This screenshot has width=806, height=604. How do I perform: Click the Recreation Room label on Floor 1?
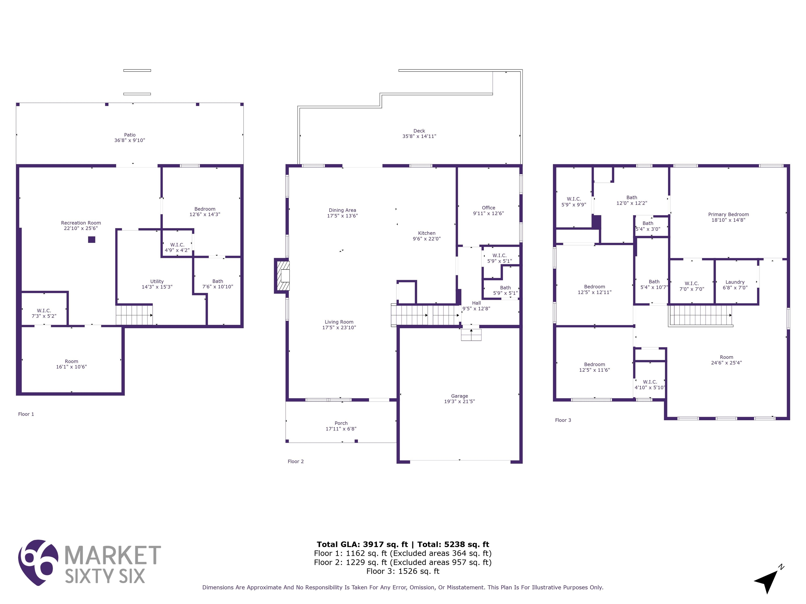(x=81, y=223)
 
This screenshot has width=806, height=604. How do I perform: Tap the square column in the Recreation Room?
(x=92, y=240)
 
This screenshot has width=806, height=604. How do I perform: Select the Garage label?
(x=459, y=396)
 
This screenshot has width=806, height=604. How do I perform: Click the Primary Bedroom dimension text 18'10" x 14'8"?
(x=728, y=220)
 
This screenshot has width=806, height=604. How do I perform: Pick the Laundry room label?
(x=735, y=282)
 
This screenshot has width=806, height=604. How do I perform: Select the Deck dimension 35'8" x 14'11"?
(x=419, y=136)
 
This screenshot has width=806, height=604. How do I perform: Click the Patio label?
(x=130, y=135)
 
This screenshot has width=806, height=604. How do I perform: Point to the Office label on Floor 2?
(x=489, y=208)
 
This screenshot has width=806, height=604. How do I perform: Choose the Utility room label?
(x=157, y=282)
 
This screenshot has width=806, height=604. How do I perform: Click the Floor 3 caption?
(x=563, y=420)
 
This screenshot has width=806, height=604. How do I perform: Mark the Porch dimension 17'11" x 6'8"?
(x=341, y=429)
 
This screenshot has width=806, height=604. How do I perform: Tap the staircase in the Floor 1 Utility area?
(x=134, y=315)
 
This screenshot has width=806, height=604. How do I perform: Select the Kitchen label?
(x=427, y=233)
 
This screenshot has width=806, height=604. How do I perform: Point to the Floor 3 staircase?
(x=700, y=315)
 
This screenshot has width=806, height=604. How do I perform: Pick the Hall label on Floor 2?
(x=476, y=303)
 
